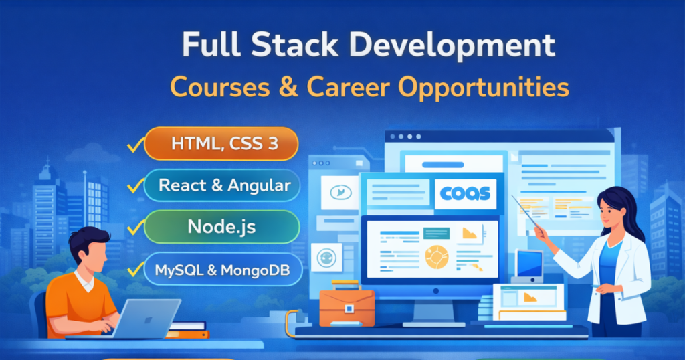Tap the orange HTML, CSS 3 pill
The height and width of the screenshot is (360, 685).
pos(221,143)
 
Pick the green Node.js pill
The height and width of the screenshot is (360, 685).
pos(221,227)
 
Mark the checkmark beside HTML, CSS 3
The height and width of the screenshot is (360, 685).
pos(136,143)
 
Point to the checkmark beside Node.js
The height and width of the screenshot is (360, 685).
pos(135,228)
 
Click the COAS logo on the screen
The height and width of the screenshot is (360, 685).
pos(465,194)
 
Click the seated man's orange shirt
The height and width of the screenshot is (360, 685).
pos(74,298)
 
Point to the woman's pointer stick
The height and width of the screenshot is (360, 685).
pos(525,211)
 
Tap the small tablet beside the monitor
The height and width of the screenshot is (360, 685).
pos(528,264)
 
